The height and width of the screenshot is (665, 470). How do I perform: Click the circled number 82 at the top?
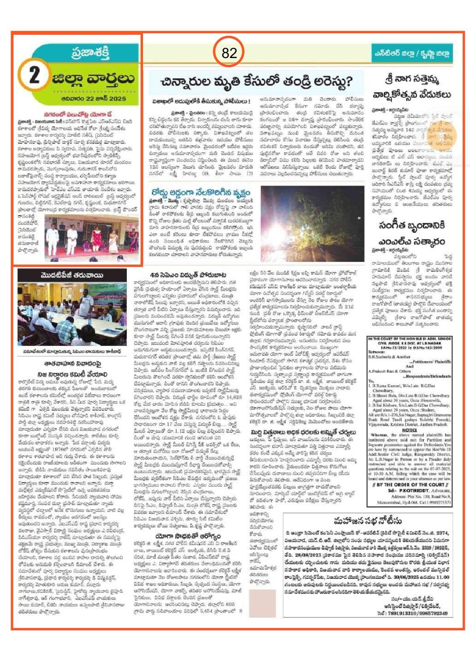click(229, 53)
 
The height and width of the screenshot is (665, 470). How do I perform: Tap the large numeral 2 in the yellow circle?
click(34, 75)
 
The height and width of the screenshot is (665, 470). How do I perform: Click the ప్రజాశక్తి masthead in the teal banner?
click(90, 53)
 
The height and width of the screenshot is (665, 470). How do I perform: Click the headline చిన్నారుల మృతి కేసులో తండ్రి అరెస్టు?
click(256, 82)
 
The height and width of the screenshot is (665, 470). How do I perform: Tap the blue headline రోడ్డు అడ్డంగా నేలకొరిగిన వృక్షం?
click(201, 192)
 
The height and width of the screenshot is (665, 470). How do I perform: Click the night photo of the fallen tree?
click(312, 224)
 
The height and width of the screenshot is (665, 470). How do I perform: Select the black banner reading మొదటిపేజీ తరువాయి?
click(72, 275)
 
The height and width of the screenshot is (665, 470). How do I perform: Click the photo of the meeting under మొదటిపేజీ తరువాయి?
click(72, 314)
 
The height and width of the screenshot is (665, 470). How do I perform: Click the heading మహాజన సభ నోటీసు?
click(367, 520)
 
